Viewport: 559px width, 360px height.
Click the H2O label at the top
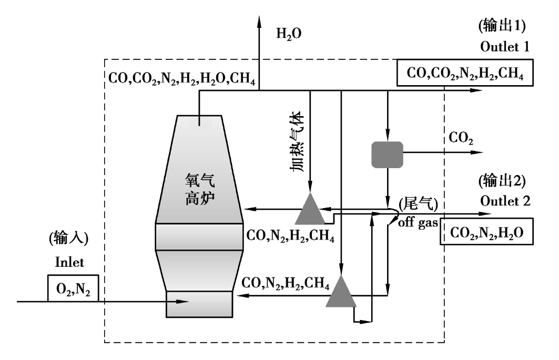point(289,34)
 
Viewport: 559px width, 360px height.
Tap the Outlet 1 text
point(504,46)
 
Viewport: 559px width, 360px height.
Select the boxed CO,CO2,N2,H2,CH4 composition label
point(465,73)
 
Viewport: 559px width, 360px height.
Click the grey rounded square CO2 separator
point(387,155)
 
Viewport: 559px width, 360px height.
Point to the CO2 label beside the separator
point(461,138)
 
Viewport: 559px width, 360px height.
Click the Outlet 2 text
point(505,201)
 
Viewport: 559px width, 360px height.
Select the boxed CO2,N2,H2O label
point(486,231)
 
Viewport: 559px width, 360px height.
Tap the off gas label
point(418,223)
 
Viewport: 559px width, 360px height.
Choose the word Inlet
point(69,262)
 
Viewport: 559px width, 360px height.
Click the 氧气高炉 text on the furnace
point(200,189)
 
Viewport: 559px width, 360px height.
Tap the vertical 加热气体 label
point(297,141)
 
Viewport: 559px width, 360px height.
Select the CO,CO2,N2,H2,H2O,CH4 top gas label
point(182,78)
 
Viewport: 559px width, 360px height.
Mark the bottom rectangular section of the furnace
point(199,304)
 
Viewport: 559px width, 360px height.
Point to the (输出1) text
point(502,26)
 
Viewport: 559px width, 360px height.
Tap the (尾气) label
point(418,204)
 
